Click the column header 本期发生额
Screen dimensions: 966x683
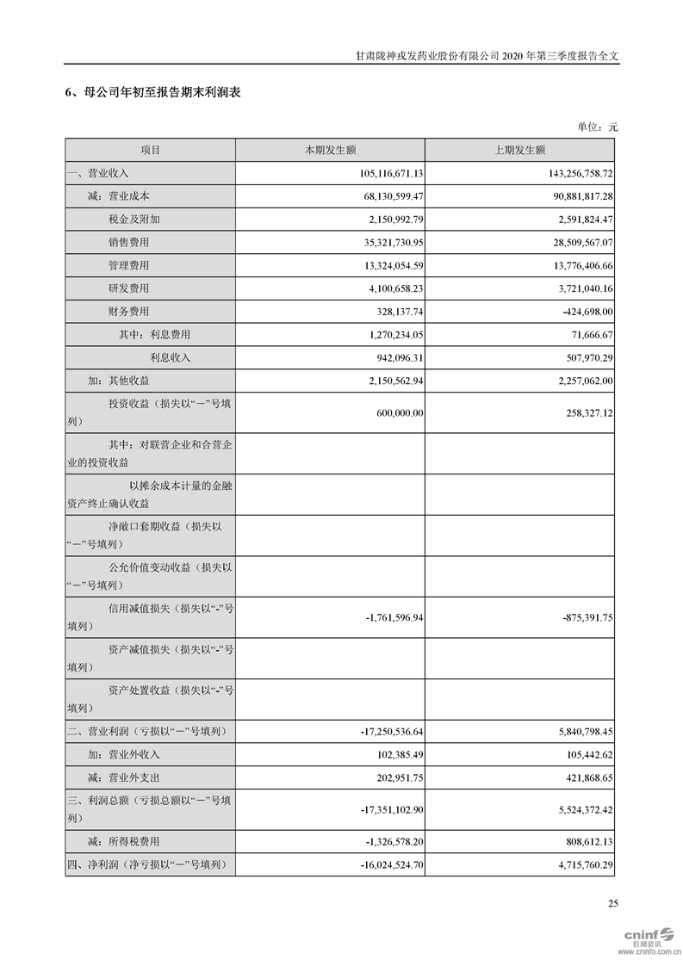[330, 150]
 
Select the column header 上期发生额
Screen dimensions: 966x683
[519, 150]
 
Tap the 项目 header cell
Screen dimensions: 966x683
[150, 150]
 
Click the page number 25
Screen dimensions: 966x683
[612, 903]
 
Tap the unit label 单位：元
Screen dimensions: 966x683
[598, 127]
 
